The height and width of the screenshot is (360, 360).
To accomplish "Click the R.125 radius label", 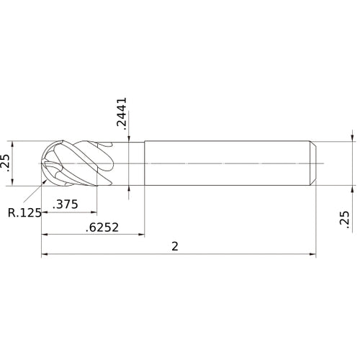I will [x=23, y=212].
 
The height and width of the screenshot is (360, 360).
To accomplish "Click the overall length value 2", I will [x=175, y=246].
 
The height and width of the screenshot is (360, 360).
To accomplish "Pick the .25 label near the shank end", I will [x=343, y=220].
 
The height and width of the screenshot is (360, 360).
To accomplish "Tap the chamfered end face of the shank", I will [x=313, y=163].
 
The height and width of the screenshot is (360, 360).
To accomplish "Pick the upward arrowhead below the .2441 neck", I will [x=129, y=189].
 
